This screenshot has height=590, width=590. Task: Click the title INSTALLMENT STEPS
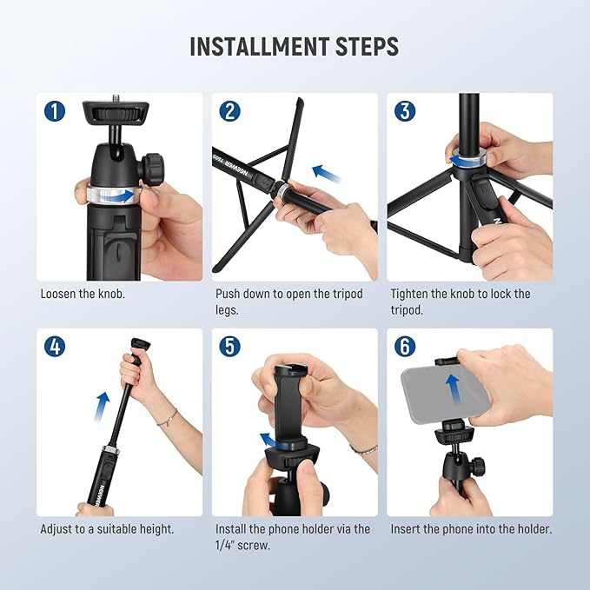tap(295, 46)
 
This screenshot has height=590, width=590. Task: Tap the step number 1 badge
tap(56, 112)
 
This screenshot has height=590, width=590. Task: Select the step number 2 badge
tap(230, 112)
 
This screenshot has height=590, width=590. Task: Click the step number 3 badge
tap(405, 112)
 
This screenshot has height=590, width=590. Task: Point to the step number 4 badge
tap(56, 347)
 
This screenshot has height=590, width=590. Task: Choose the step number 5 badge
tap(230, 347)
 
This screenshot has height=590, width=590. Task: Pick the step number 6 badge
tap(405, 347)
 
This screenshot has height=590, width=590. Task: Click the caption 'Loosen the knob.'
tap(83, 294)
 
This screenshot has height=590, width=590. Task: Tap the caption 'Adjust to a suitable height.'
tap(107, 528)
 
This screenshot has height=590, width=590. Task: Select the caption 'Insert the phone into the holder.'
tap(471, 528)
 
